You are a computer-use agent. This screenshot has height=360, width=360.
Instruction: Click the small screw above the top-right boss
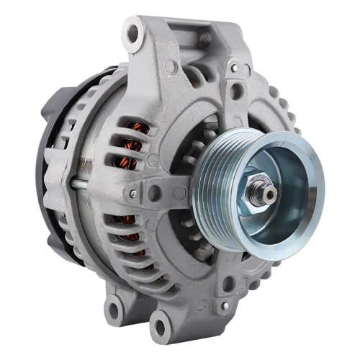click(x=235, y=68)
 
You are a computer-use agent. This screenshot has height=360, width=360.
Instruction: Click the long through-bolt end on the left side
click(x=75, y=184)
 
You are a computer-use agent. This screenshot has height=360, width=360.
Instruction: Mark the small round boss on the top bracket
click(x=170, y=66)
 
